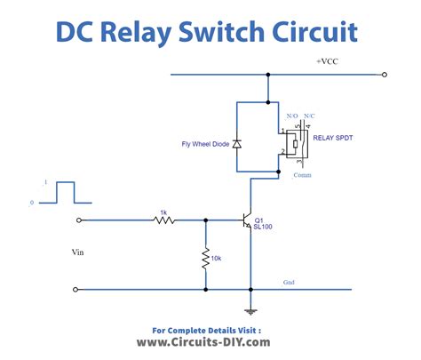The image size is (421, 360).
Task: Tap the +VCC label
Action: click(330, 61)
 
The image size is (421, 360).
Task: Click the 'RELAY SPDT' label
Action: click(333, 139)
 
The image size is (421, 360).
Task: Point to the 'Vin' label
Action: click(78, 252)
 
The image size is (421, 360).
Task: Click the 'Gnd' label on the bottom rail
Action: click(289, 284)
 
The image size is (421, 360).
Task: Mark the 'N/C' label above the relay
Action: click(308, 116)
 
